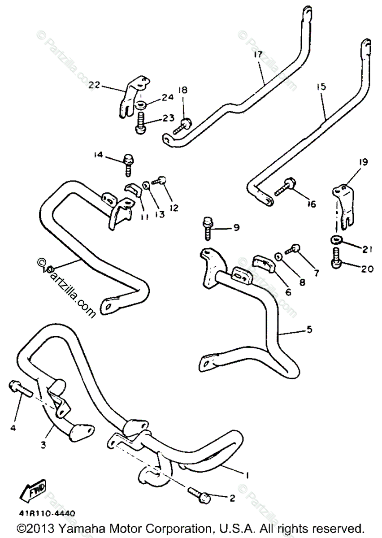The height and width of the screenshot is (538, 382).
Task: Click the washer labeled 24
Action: point(141,106)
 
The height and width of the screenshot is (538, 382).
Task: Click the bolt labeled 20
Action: point(337,260)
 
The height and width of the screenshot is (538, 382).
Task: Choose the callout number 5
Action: point(309,330)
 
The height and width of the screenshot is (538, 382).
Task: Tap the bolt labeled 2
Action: point(201,497)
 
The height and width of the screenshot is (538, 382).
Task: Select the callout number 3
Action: point(43,445)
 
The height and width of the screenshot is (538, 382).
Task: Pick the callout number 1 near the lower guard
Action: point(247,474)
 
